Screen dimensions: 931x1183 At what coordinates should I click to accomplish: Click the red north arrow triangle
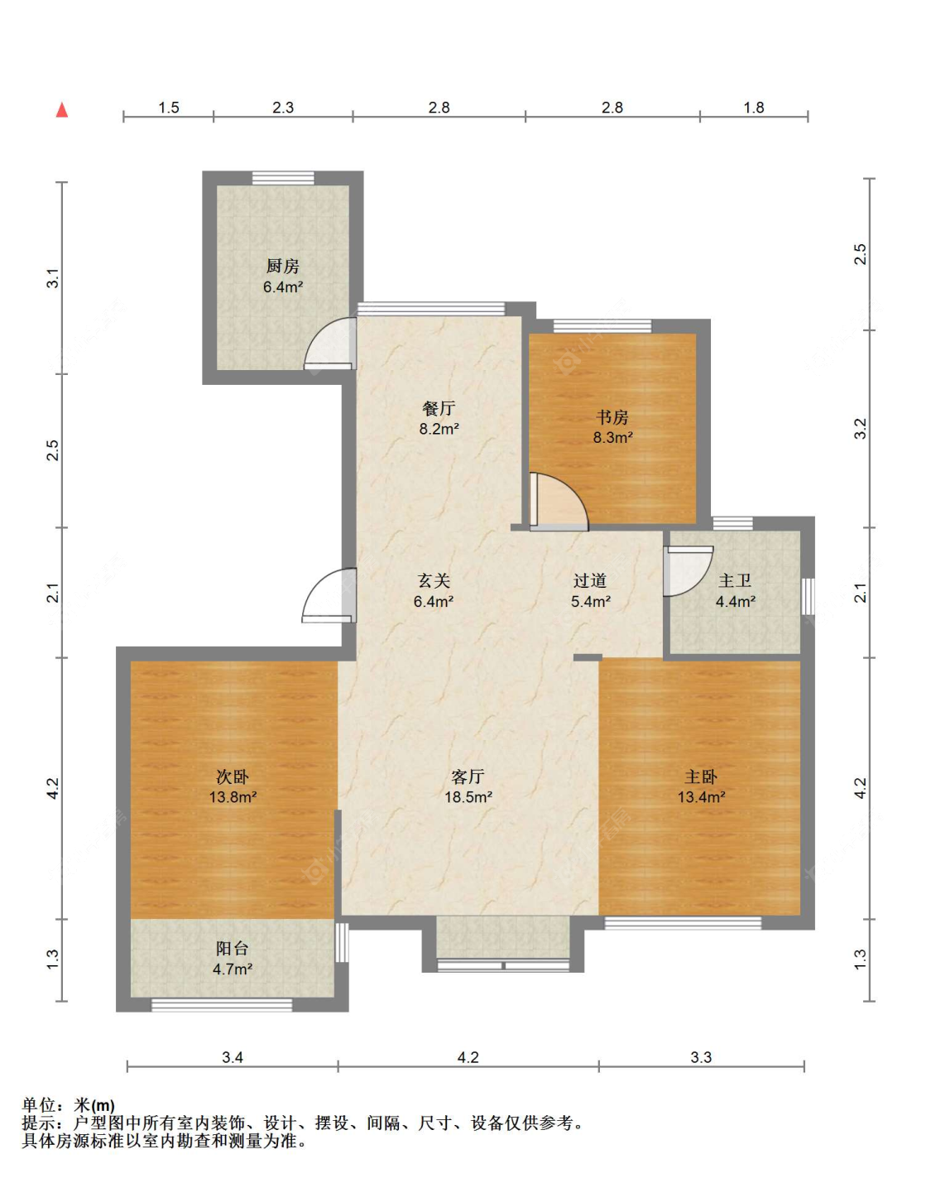pos(62,110)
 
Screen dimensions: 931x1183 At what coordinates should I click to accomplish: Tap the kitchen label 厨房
pos(282,266)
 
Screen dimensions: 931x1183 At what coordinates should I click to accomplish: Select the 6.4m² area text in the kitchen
pos(283,286)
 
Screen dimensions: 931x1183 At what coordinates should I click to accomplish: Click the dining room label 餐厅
pos(439,408)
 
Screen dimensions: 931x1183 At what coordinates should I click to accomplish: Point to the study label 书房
pos(612,417)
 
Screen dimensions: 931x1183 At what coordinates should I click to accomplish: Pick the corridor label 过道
pos(590,580)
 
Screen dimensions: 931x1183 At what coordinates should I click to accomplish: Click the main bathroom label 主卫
pos(735,580)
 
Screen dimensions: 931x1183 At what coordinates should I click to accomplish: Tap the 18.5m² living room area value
pos(468,796)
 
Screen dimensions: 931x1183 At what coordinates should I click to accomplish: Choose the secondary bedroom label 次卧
pos(233,777)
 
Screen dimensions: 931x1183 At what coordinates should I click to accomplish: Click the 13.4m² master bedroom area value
pos(701,796)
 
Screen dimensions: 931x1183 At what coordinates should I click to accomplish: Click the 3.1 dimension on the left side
pos(52,278)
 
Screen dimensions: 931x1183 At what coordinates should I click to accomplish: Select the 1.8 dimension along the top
pos(754,107)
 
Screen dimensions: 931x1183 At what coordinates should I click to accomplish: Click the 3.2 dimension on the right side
pos(861,429)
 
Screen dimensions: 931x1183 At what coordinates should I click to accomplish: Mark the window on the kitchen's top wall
pos(283,178)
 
